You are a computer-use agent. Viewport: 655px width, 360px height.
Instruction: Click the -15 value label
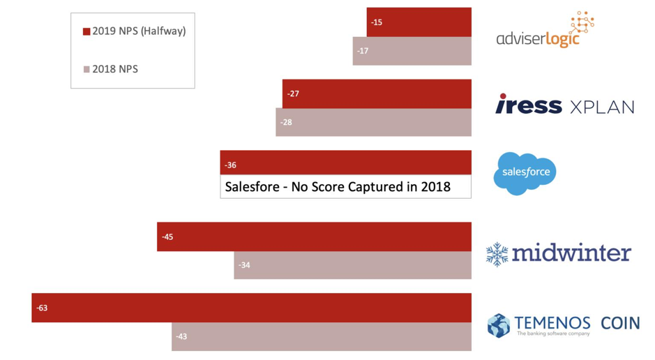pyautogui.click(x=377, y=22)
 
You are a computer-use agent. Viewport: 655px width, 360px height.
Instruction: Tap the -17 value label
pyautogui.click(x=363, y=51)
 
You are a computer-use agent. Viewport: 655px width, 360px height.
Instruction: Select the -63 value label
pyautogui.click(x=42, y=308)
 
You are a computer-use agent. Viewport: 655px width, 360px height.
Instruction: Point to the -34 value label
pyautogui.click(x=244, y=265)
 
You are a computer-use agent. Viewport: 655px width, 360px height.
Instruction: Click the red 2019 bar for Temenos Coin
pyautogui.click(x=251, y=308)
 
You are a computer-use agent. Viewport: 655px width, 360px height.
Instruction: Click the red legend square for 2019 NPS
pyautogui.click(x=86, y=31)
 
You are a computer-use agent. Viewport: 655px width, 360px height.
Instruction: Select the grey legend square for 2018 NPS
pyautogui.click(x=86, y=69)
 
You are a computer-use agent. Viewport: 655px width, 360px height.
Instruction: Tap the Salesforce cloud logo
pyautogui.click(x=525, y=172)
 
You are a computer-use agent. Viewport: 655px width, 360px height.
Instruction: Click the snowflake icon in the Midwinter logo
pyautogui.click(x=497, y=254)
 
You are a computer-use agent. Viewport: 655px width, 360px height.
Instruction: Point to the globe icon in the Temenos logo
pyautogui.click(x=499, y=325)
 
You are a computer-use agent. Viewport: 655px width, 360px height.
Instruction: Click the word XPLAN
pyautogui.click(x=602, y=107)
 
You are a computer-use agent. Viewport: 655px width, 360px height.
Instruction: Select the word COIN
pyautogui.click(x=620, y=324)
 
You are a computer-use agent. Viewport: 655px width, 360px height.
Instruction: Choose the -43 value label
pyautogui.click(x=181, y=336)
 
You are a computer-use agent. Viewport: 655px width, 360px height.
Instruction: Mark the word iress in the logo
pyautogui.click(x=529, y=105)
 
